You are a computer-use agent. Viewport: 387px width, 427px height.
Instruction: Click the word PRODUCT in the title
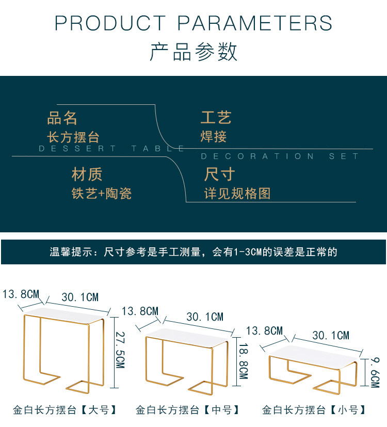pos(110,23)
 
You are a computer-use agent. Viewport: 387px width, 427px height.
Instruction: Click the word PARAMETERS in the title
pos(255,23)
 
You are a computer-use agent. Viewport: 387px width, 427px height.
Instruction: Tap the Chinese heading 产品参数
pos(193,52)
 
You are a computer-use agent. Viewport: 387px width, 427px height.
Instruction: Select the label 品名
pos(62,118)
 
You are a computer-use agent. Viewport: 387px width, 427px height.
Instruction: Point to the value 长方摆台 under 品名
pos(73,137)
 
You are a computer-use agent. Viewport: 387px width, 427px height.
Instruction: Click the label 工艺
pos(216,118)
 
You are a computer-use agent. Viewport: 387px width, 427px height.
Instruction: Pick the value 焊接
pos(214,137)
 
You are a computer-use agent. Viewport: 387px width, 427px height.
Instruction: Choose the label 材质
pos(87,175)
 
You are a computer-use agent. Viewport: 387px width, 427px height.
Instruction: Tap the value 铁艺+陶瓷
pos(102,194)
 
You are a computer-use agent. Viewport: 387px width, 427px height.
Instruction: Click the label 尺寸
pos(219,175)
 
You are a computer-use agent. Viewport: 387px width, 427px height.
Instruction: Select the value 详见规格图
pos(237,194)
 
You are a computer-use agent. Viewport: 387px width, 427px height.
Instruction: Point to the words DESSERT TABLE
pos(112,149)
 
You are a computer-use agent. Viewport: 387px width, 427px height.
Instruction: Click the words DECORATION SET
pos(280,156)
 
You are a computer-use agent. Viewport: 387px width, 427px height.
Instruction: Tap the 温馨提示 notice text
pos(193,252)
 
